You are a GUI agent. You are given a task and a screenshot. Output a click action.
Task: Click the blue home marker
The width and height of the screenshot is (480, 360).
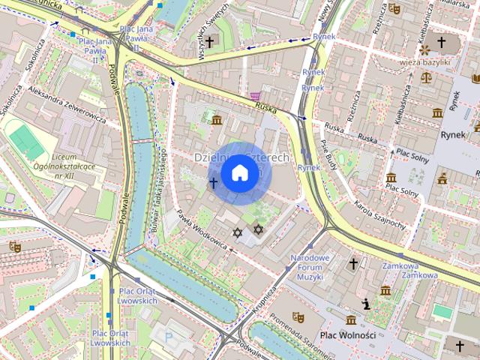239,173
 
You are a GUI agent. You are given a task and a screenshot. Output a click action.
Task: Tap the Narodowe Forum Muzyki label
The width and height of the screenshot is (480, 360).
310,268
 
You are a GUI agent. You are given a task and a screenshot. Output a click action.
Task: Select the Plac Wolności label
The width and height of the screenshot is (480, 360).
347,335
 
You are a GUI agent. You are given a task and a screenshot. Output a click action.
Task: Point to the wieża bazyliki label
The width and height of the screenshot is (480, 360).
428,62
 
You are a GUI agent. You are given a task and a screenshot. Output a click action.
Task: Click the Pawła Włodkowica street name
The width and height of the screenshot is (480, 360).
201,229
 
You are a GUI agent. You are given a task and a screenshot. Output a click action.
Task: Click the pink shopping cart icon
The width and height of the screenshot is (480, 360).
256,96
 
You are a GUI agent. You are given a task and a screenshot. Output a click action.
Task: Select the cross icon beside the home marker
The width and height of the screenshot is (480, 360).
213,182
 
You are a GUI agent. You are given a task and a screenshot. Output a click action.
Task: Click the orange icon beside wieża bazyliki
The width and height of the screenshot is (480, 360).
425,49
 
